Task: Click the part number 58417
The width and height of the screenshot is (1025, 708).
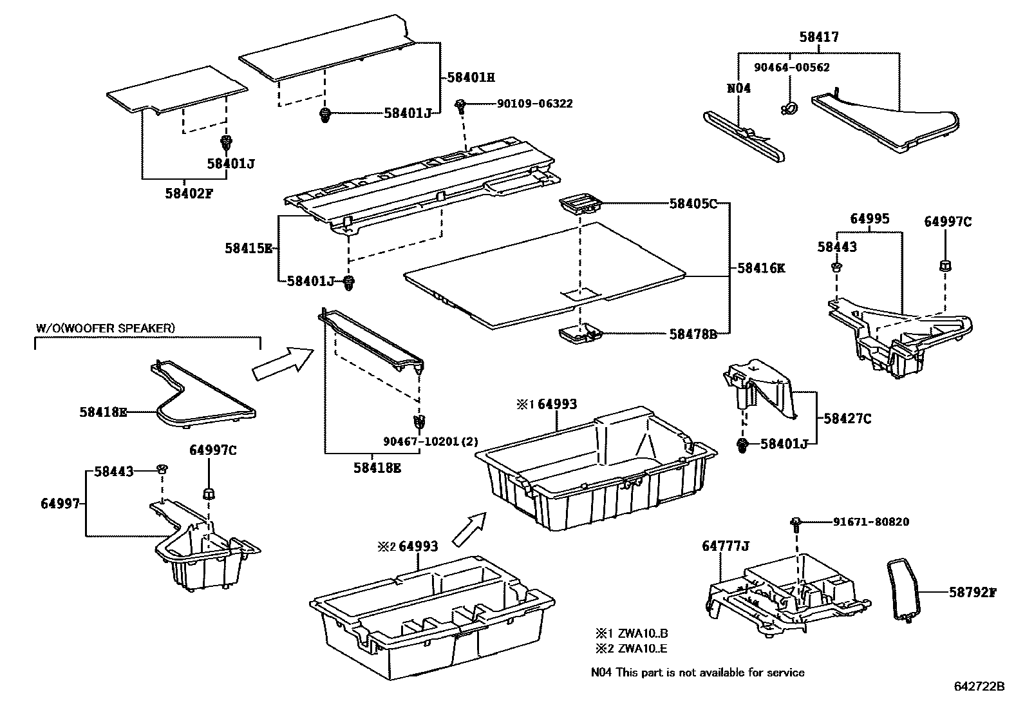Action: pyautogui.click(x=819, y=38)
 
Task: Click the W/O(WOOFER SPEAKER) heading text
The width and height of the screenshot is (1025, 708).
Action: pyautogui.click(x=104, y=328)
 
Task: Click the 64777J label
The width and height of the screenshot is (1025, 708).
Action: pyautogui.click(x=726, y=547)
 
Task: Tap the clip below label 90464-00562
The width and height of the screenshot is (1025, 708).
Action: pyautogui.click(x=787, y=108)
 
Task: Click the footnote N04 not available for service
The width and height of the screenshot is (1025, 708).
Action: pyautogui.click(x=698, y=673)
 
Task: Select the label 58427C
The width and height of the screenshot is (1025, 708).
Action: pyautogui.click(x=847, y=419)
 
